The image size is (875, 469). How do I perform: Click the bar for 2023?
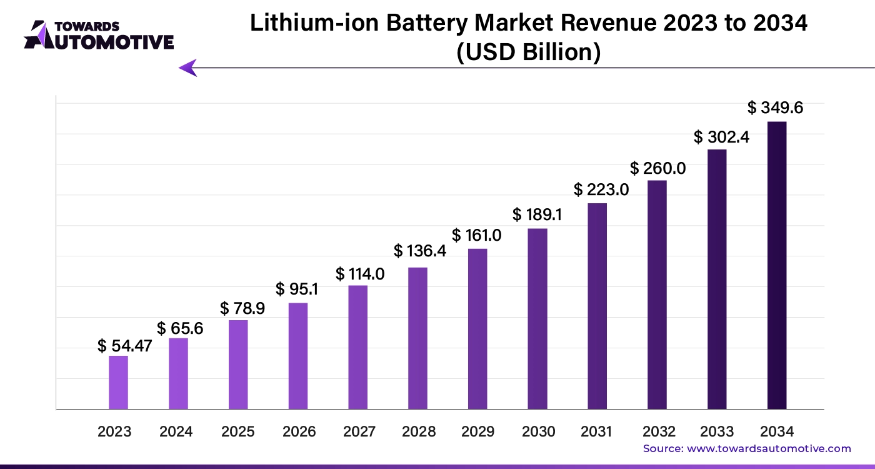[x=118, y=383]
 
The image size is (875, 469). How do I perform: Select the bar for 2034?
[x=777, y=266]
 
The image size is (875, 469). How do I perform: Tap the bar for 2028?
[x=417, y=338]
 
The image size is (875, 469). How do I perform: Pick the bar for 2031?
[x=597, y=306]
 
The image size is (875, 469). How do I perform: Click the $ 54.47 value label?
[x=125, y=346]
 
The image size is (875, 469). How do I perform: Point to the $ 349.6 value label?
[x=776, y=108]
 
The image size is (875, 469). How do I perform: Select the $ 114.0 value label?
[x=360, y=274]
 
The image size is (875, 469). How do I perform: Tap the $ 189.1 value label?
[x=537, y=215]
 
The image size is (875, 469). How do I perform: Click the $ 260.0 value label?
[x=658, y=168]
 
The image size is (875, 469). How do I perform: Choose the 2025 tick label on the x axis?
[x=238, y=431]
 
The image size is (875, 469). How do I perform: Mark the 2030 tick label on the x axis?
[x=538, y=431]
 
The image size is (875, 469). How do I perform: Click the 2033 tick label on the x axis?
[x=717, y=431]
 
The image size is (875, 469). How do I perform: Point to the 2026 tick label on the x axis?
[x=299, y=431]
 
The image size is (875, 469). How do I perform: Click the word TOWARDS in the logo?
[x=87, y=26]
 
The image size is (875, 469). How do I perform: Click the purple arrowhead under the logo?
[x=187, y=68]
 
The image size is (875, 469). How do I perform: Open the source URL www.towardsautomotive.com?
[x=769, y=448]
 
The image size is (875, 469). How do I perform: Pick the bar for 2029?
[x=477, y=329]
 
